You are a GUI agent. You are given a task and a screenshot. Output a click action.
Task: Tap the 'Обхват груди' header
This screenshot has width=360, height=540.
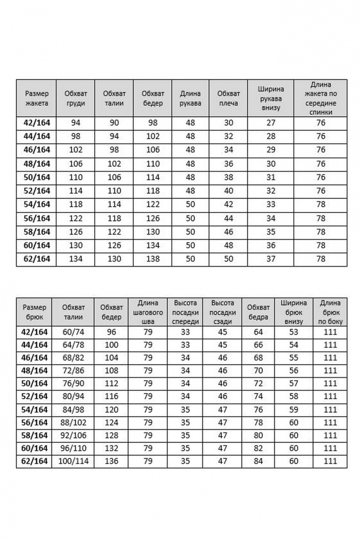click(76, 98)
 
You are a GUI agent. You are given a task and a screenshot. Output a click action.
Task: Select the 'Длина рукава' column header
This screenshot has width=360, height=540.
click(190, 98)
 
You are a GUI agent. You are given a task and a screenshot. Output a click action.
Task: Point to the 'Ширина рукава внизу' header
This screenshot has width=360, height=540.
click(271, 98)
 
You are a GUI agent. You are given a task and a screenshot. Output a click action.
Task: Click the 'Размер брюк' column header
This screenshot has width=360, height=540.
click(34, 312)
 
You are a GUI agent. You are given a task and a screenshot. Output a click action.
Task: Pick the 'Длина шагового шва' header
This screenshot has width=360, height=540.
click(148, 312)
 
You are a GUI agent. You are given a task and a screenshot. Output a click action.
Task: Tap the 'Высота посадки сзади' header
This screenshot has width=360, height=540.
click(222, 312)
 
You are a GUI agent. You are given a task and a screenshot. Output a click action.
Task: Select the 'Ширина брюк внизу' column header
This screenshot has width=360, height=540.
click(294, 312)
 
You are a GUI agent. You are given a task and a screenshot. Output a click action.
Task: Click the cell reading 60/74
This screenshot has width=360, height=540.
click(73, 332)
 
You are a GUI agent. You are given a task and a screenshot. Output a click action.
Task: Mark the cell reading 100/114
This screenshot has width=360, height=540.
click(73, 461)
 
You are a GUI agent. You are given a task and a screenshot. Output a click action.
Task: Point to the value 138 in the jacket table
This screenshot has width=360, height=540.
click(153, 259)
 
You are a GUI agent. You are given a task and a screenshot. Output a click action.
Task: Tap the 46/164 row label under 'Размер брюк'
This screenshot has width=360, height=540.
click(34, 358)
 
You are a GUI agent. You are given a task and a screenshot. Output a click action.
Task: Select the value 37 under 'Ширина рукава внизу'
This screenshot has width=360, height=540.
click(271, 259)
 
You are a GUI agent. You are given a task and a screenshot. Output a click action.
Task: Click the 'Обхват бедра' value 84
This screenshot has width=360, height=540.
click(259, 461)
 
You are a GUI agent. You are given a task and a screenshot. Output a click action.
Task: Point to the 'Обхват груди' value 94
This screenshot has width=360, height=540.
click(76, 123)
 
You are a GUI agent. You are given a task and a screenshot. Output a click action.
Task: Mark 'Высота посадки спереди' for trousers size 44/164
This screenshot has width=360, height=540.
click(185, 345)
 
